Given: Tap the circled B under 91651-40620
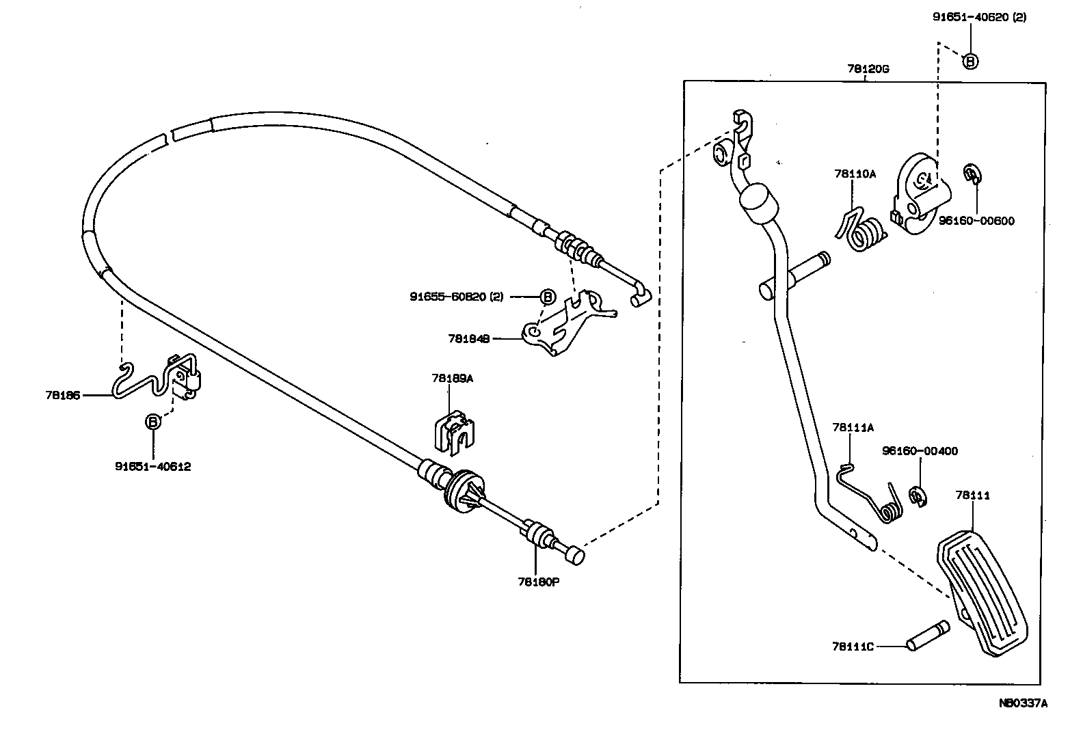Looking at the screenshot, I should pos(970,62).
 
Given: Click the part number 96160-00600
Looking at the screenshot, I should pos(976,221).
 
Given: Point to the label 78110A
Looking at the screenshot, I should pos(855,174).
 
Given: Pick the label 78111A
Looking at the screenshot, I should pos(853,428).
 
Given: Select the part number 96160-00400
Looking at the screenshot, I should pos(920,451).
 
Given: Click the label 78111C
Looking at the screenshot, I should pos(853,646).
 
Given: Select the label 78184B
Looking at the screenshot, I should pos(468,338).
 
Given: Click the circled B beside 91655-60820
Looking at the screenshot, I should pos(548,297).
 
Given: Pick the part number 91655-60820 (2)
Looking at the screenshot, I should pos(456,297).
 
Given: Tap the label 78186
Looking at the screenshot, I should pos(63,395).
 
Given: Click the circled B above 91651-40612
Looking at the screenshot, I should pos(153,422).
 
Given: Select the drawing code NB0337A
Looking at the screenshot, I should pos(1023,703).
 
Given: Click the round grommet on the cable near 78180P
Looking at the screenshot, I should pos(463,490).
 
